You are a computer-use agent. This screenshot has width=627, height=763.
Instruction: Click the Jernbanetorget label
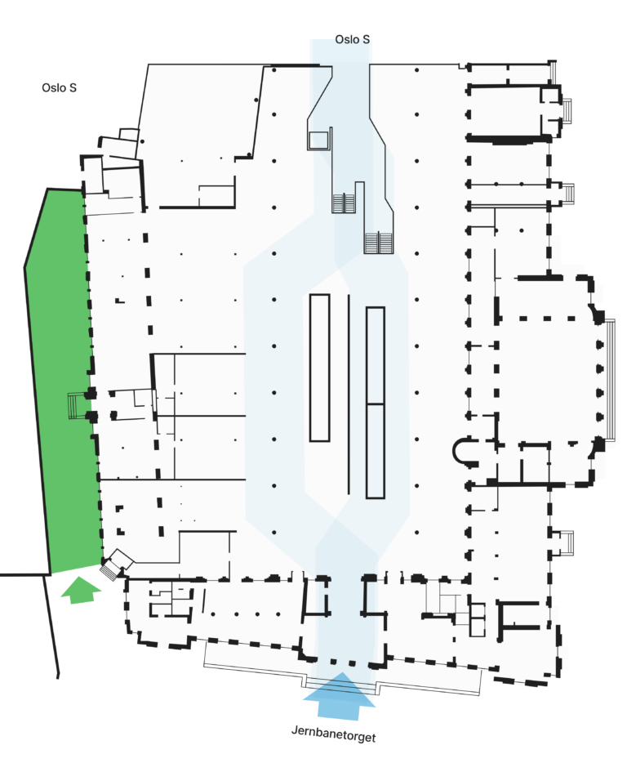333,734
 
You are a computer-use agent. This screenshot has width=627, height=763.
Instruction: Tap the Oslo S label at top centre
352,39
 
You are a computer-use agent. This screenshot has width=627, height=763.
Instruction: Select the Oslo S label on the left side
59,87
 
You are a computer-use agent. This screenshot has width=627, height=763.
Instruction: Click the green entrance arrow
81,590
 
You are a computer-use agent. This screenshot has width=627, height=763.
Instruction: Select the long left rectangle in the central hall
319,368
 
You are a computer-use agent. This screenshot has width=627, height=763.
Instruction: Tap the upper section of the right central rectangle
376,355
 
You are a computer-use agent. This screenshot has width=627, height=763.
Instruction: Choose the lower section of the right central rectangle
376,451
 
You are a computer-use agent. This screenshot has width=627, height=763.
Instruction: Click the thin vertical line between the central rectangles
349,394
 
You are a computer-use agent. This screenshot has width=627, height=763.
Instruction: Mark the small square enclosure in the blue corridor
319,140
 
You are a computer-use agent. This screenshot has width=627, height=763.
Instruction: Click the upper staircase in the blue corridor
344,203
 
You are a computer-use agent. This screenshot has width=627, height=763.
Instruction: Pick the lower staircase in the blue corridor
379,243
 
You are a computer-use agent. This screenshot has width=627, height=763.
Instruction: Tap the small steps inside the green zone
73,405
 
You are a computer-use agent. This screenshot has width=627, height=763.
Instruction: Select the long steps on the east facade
610,380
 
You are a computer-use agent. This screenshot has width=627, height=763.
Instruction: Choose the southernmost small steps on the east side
567,542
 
